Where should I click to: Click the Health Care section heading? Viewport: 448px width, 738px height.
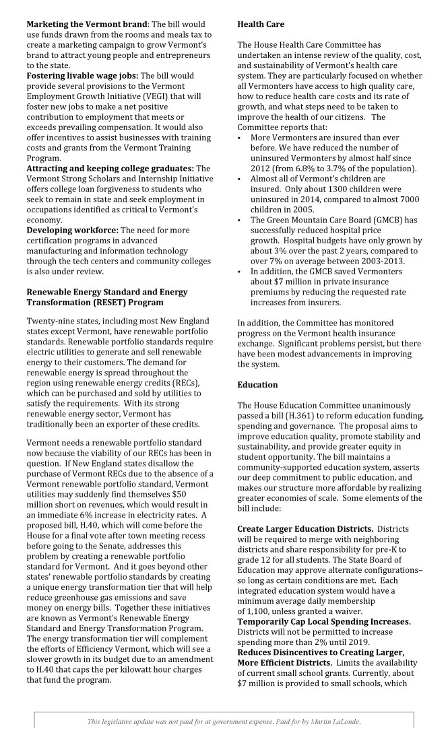[261, 24]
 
